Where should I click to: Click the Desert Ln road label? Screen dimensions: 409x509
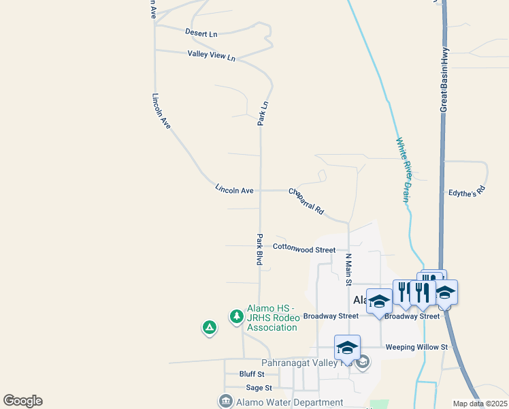[201, 33]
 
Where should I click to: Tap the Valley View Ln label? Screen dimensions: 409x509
[211, 56]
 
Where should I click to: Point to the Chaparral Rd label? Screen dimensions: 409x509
[306, 202]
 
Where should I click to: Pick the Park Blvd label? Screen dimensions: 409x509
[259, 249]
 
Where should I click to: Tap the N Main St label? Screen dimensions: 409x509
[348, 269]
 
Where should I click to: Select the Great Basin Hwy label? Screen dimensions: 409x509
[444, 79]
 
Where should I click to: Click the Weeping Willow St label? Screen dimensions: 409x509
[416, 347]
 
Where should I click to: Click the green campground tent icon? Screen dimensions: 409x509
[210, 328]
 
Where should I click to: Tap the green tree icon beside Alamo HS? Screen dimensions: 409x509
[236, 316]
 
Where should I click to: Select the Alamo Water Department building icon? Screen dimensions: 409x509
[225, 402]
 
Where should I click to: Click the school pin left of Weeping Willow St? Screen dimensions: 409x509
[347, 347]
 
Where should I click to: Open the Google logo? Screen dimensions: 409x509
[22, 401]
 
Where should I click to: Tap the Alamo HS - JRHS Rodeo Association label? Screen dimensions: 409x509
[272, 318]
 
